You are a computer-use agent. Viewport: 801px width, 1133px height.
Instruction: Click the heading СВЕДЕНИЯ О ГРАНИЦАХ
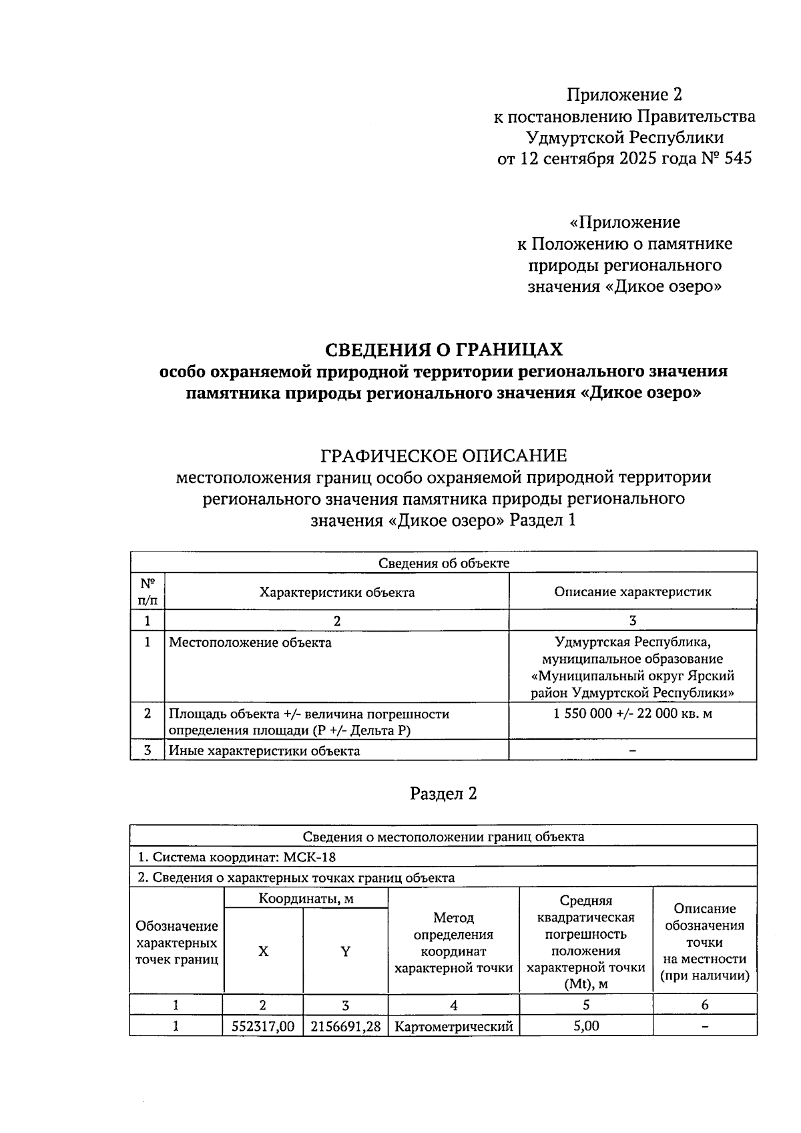pos(443,349)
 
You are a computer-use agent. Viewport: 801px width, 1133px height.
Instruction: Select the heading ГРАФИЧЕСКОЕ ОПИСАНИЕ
pos(443,456)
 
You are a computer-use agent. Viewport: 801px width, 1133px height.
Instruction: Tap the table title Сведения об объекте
pos(443,563)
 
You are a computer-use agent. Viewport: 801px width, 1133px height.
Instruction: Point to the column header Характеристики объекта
pos(336,592)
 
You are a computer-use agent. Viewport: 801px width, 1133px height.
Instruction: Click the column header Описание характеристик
pos(632,592)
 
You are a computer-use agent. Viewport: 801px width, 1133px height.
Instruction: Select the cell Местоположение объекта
pos(250,643)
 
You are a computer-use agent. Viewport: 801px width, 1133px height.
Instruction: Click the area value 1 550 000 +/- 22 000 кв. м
pos(632,713)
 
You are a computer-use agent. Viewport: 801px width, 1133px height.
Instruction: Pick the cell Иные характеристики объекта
pos(264,750)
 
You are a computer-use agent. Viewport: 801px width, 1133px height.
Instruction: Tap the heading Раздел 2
pos(443,793)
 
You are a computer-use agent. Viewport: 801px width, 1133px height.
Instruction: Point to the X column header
pos(263,951)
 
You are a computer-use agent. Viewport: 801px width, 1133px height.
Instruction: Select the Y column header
pos(345,951)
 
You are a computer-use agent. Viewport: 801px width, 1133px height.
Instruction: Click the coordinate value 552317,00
pos(263,1026)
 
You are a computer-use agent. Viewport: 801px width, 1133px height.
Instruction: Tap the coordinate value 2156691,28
pos(345,1026)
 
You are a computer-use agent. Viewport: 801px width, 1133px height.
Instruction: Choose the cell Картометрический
pos(454,1026)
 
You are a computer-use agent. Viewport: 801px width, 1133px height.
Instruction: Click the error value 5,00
pos(586,1026)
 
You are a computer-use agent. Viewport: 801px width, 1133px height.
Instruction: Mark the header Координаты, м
pos(306,899)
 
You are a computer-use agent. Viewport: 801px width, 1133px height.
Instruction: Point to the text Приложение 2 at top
pos(624,95)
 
